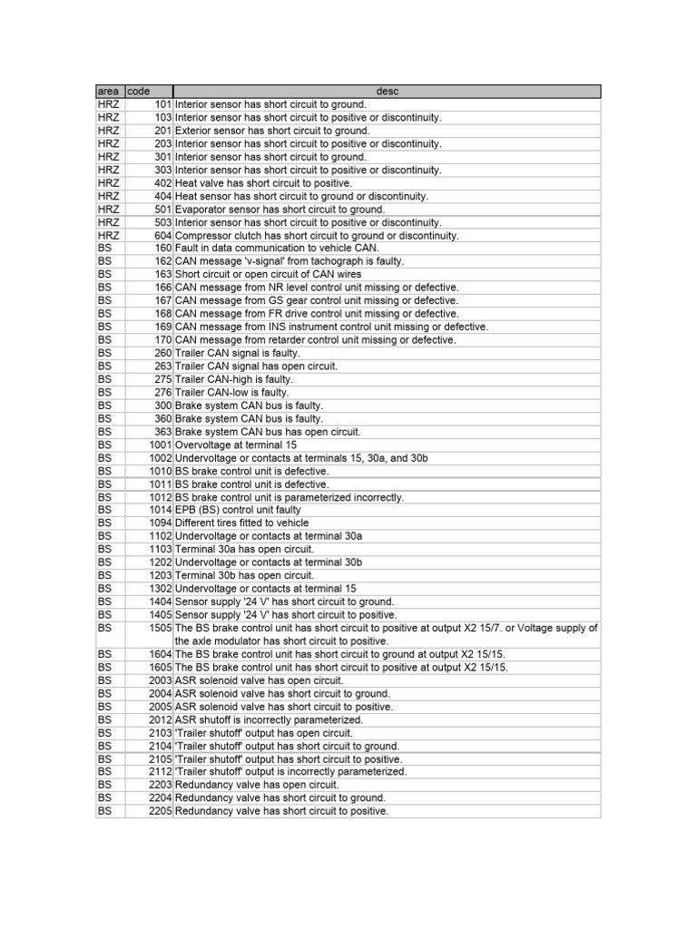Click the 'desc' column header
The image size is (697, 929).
click(x=387, y=92)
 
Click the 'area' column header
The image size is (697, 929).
click(x=108, y=92)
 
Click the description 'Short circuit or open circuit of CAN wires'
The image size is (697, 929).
click(x=268, y=275)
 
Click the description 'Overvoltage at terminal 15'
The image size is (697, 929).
click(x=236, y=445)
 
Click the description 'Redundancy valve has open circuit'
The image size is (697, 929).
click(x=257, y=785)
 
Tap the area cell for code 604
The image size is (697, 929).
click(x=108, y=236)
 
